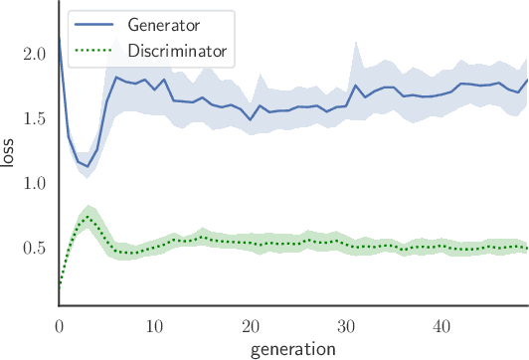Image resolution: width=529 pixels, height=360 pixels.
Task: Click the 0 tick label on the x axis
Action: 59,326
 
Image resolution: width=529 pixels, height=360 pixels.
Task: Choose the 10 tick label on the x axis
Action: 155,326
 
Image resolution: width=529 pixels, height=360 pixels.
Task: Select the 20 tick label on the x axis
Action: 251,326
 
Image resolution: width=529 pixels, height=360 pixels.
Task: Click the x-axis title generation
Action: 292,348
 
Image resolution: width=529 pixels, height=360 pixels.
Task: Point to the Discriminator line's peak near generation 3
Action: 88,217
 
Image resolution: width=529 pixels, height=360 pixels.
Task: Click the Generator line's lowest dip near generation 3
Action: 88,166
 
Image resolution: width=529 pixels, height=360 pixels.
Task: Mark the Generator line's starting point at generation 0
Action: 60,38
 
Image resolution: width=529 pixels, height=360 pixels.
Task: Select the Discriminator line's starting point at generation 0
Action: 60,288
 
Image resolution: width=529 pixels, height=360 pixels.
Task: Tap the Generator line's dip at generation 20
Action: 251,119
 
